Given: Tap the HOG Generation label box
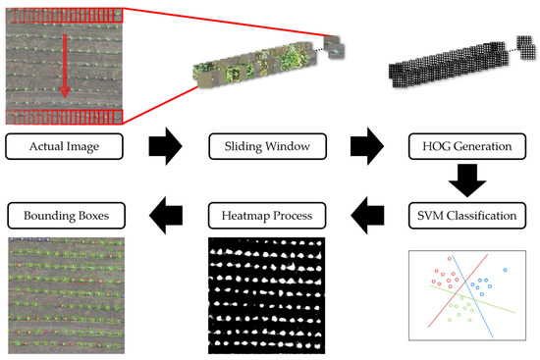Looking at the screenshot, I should pyautogui.click(x=466, y=149).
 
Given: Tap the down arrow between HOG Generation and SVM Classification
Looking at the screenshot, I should pyautogui.click(x=466, y=179).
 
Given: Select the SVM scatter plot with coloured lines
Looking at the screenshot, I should pyautogui.click(x=466, y=294).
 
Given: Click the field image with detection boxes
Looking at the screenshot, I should pyautogui.click(x=60, y=293).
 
